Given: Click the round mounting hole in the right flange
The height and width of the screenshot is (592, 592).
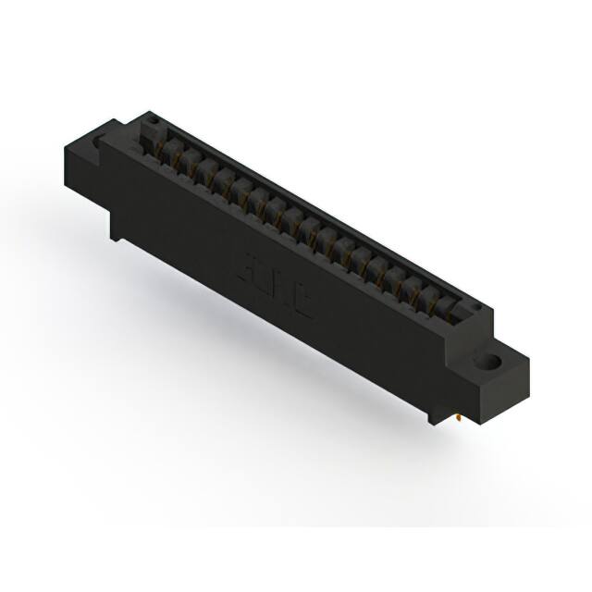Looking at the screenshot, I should pos(487,360).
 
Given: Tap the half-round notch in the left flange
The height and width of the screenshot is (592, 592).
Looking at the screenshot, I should pos(98,140).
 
